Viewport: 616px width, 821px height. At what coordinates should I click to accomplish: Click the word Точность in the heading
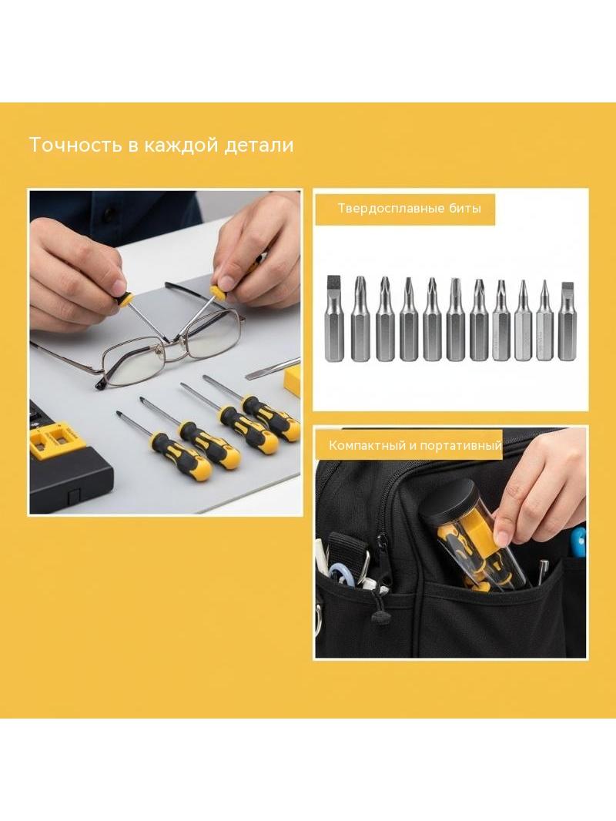click(x=75, y=145)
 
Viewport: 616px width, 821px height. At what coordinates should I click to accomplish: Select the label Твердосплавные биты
click(x=410, y=209)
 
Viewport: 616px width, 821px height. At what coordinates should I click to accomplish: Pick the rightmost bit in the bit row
click(x=567, y=321)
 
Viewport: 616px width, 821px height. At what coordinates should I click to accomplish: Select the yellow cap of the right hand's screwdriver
click(x=218, y=292)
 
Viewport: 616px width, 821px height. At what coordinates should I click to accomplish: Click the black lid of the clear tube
click(x=444, y=503)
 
